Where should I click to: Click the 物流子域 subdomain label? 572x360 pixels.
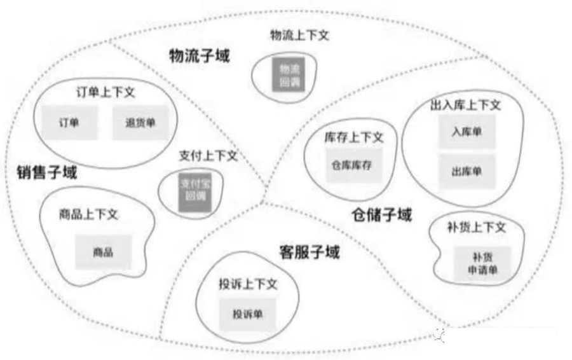(199, 56)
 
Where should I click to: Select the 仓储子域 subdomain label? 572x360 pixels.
(381, 214)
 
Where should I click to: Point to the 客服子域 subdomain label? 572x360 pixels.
(310, 252)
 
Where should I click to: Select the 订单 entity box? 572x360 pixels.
(69, 122)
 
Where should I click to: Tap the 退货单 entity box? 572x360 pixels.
(141, 122)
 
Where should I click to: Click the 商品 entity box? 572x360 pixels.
(103, 252)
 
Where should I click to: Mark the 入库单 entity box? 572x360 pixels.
(467, 132)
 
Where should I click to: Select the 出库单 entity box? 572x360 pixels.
(467, 171)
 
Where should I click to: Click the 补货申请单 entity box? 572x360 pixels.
(479, 264)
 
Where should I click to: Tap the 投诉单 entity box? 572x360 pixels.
(248, 314)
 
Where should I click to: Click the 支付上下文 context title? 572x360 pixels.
(208, 156)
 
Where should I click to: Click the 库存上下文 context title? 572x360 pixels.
(354, 137)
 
